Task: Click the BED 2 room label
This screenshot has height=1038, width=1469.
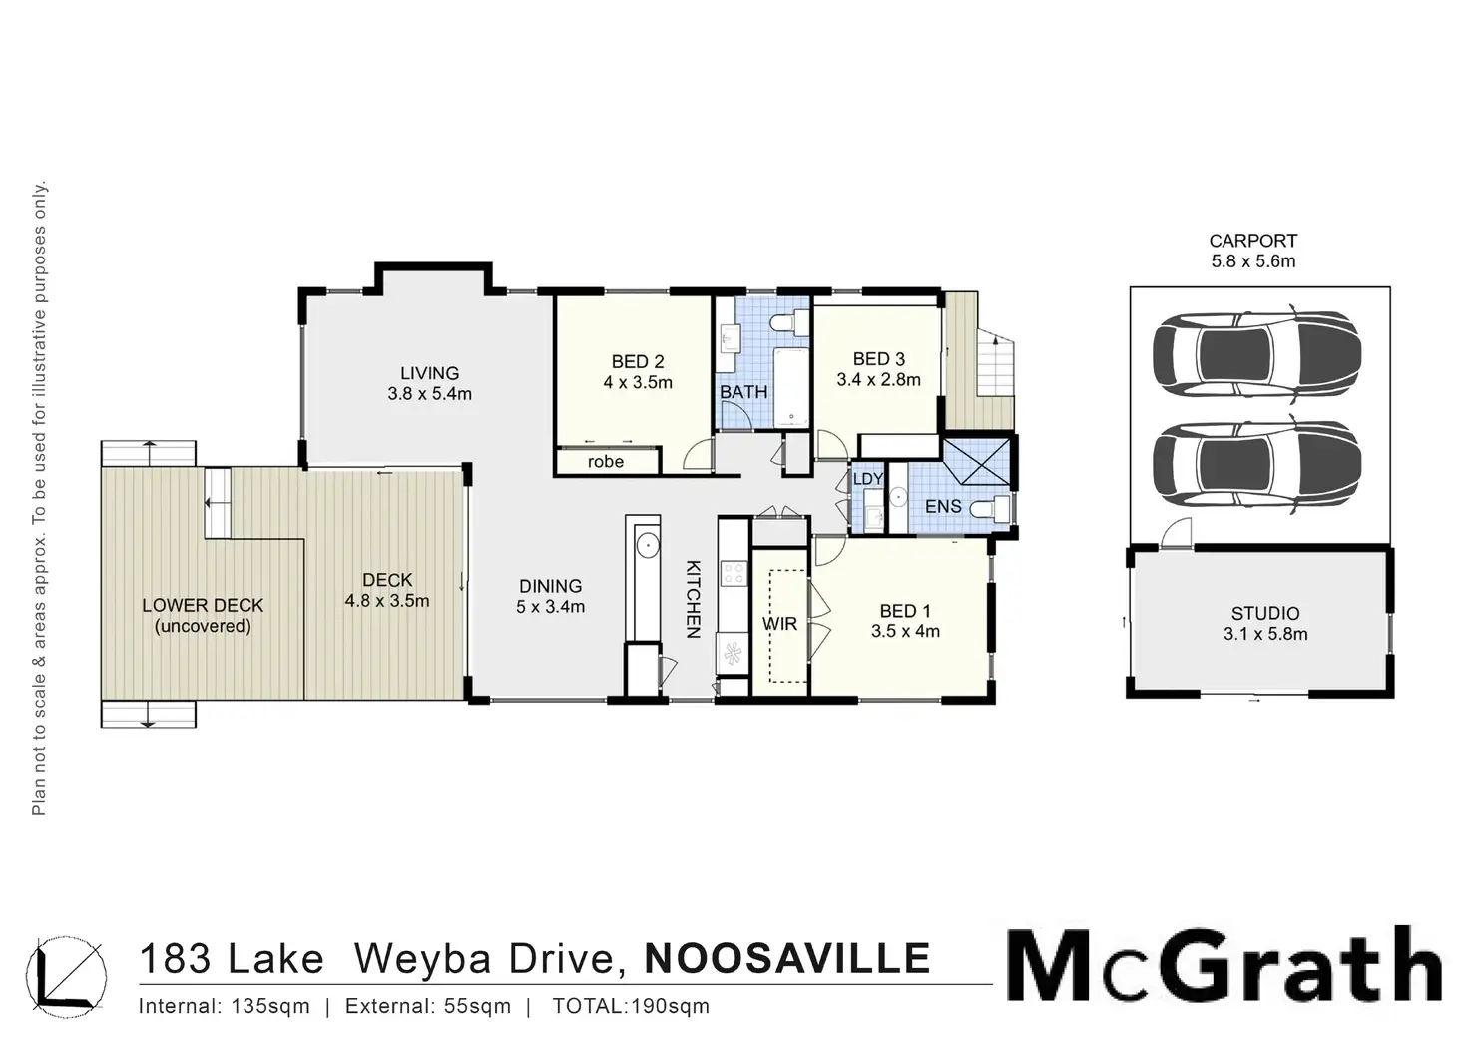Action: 638,362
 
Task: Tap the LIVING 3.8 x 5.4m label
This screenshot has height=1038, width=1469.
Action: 429,384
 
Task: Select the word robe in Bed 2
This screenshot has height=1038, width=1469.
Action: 605,462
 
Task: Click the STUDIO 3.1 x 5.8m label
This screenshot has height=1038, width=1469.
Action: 1264,623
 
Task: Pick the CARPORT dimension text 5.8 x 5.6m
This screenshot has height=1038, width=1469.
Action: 1252,261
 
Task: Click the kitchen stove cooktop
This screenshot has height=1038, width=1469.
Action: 734,573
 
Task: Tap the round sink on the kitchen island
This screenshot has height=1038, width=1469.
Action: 647,545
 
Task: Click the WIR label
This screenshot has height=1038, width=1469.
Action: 779,624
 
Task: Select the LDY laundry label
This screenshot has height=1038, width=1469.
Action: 867,479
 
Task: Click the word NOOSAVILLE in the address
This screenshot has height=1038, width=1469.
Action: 788,958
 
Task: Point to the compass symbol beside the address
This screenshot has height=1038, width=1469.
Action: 67,971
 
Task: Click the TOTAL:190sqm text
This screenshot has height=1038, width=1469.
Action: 631,1006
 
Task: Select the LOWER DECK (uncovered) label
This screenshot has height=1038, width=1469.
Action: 203,615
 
